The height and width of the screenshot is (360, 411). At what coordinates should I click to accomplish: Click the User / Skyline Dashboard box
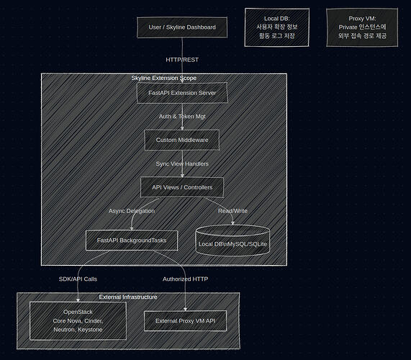click(182, 27)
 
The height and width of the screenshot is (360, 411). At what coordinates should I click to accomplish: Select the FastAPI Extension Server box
click(182, 93)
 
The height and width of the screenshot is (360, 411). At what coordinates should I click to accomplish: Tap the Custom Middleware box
click(182, 140)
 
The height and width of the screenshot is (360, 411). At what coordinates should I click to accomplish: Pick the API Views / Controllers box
click(182, 187)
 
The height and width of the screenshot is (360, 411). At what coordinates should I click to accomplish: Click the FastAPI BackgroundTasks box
click(132, 240)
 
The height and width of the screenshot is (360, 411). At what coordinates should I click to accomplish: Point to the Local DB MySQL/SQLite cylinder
click(232, 240)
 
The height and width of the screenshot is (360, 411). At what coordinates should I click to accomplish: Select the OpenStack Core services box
click(78, 320)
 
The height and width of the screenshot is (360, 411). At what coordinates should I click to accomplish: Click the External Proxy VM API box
click(185, 321)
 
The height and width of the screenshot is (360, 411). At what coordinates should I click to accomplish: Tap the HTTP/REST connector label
click(182, 60)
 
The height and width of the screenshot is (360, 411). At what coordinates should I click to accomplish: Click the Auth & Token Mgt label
click(182, 117)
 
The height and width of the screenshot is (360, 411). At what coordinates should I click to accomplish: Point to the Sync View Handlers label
click(182, 164)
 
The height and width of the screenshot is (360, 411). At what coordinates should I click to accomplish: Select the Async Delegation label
click(132, 211)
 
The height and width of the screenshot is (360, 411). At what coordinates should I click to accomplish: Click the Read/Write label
click(232, 211)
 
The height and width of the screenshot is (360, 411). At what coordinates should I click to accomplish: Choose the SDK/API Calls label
click(78, 279)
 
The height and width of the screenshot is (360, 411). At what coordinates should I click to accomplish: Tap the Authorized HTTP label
click(185, 279)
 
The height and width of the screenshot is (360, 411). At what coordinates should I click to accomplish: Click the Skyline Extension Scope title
click(164, 78)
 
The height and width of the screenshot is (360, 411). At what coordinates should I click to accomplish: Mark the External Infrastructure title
click(128, 297)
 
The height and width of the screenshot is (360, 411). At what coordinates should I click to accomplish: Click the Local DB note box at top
click(277, 27)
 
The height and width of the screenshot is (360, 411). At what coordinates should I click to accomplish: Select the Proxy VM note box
click(362, 27)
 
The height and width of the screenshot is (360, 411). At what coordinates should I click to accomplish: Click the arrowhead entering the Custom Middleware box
click(182, 128)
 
